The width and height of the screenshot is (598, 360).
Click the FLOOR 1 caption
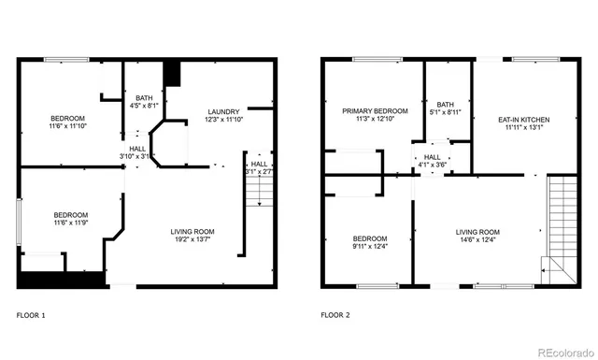[31, 315]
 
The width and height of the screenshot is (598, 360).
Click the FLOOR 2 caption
[335, 315]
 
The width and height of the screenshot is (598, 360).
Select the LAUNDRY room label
[223, 111]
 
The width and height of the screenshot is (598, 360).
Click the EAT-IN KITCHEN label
[524, 120]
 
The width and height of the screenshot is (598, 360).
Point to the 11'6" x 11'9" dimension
[70, 223]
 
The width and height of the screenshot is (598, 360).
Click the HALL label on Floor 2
[433, 157]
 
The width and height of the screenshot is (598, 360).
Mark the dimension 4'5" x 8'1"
[143, 105]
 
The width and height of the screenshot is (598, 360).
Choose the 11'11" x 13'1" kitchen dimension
[524, 128]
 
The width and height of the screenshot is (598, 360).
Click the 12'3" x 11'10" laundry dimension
[223, 120]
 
